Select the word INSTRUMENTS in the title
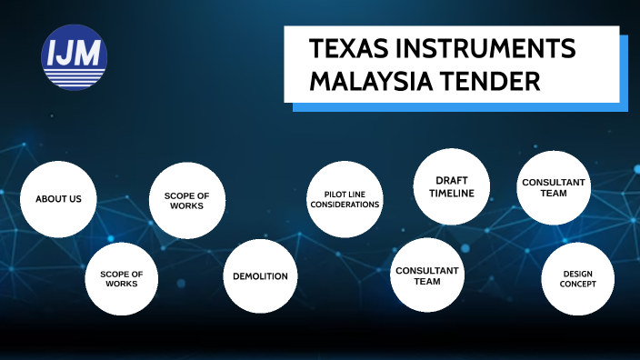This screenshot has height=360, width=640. [486, 49]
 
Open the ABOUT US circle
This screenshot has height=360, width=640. [58, 199]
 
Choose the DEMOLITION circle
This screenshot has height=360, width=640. [261, 276]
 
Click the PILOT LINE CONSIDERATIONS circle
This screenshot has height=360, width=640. [345, 199]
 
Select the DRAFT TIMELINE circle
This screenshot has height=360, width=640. [452, 186]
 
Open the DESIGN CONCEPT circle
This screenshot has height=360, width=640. [578, 279]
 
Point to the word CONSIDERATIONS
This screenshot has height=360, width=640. [345, 205]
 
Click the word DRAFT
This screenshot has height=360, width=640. [452, 180]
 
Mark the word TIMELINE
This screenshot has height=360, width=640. [452, 193]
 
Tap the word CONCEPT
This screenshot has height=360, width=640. [578, 285]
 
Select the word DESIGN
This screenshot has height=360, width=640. [578, 274]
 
